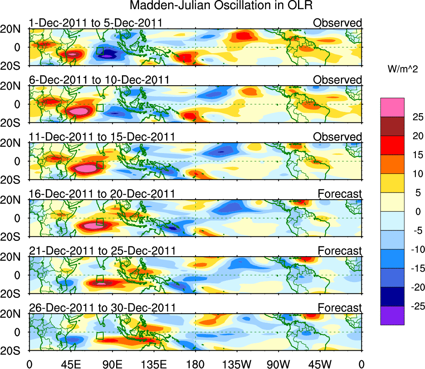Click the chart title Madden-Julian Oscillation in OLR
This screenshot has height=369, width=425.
point(221,6)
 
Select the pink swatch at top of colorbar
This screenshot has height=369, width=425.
point(392,107)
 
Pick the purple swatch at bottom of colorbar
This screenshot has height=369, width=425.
point(392,315)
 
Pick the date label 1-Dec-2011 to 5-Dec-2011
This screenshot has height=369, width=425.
point(95,23)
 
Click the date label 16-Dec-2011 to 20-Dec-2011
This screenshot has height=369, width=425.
point(102,193)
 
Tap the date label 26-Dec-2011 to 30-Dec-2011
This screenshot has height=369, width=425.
point(102,308)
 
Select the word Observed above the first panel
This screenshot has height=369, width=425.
point(337,23)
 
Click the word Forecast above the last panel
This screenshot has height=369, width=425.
point(340,308)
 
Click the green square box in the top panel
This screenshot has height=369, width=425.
point(100,51)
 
